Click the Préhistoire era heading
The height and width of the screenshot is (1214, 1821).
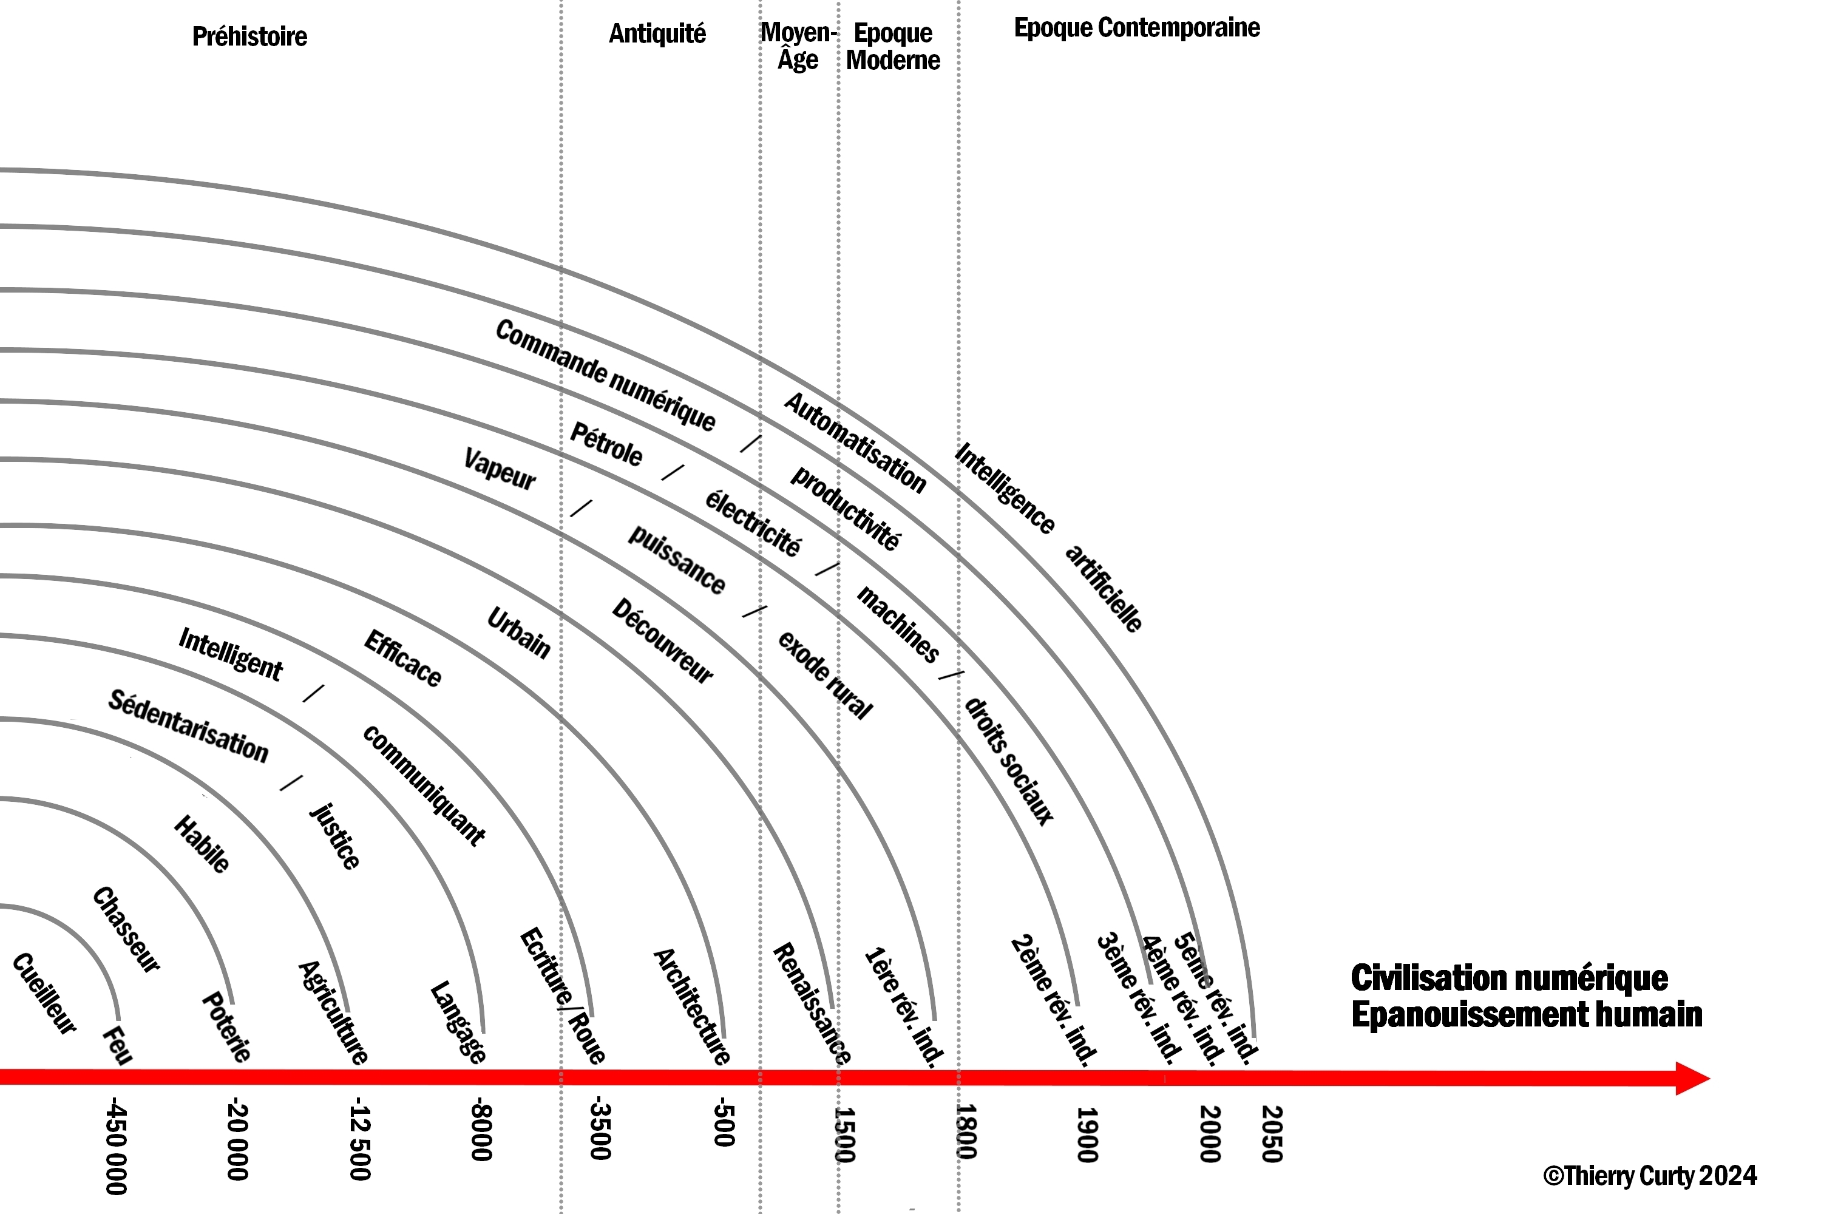(249, 36)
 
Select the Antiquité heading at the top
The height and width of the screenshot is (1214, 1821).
(657, 33)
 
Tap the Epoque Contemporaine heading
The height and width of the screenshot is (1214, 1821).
(1136, 28)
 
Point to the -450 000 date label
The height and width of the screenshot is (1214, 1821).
(116, 1146)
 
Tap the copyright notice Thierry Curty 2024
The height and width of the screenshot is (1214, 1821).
(1650, 1175)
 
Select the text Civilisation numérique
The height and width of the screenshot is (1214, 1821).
(1509, 978)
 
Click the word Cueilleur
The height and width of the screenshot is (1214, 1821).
(45, 993)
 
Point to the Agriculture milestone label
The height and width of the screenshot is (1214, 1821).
(333, 1012)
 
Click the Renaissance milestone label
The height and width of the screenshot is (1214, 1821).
(812, 1003)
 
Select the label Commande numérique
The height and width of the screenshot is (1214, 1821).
(605, 375)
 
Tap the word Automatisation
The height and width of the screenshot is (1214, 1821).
(855, 443)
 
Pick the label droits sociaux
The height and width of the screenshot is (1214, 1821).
(1009, 761)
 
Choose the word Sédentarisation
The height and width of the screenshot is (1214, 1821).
(188, 725)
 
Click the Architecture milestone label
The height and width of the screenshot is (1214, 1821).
(691, 1006)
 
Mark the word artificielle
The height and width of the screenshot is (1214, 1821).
(1104, 588)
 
